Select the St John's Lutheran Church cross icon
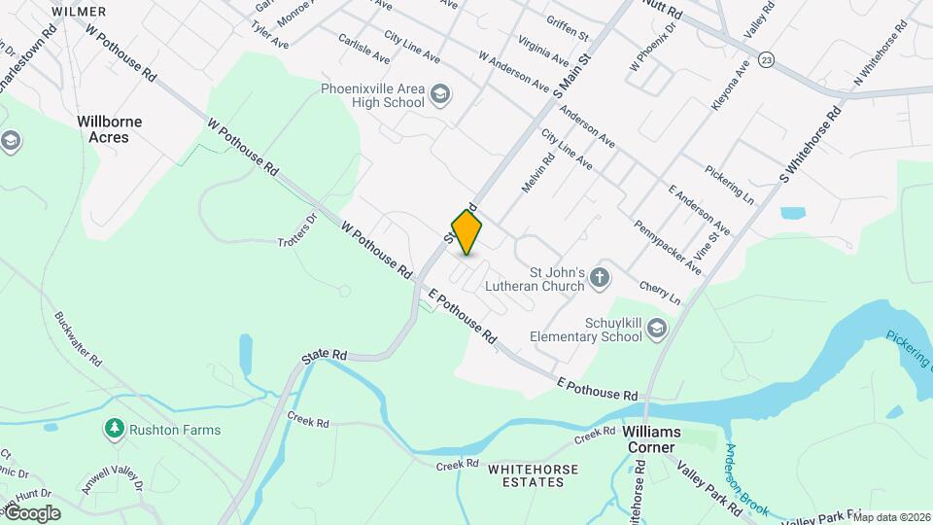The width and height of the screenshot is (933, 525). click(600, 279)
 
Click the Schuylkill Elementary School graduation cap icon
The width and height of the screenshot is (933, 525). click(658, 330)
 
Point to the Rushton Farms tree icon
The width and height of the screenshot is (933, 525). click(115, 429)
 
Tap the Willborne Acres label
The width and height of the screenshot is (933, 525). click(110, 129)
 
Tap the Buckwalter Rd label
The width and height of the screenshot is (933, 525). click(79, 337)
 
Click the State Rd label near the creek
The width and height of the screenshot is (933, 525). click(324, 358)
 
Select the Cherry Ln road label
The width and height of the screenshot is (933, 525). click(660, 293)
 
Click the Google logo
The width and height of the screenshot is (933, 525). click(31, 513)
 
